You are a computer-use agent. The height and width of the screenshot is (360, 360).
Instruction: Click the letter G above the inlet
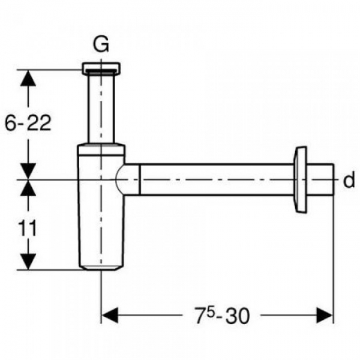click(101, 46)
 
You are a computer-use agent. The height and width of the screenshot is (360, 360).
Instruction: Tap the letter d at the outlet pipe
click(349, 180)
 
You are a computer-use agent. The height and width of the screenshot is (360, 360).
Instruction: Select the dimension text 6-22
click(28, 123)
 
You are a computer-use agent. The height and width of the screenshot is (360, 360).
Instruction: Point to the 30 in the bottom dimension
click(237, 316)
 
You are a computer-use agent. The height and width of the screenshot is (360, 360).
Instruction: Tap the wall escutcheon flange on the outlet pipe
click(301, 180)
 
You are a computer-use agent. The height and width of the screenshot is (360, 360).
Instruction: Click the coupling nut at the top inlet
click(101, 68)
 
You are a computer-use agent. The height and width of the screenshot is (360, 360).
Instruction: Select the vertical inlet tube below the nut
click(101, 108)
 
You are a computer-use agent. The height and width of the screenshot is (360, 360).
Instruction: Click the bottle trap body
click(101, 206)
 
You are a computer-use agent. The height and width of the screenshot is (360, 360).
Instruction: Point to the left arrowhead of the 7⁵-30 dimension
click(110, 315)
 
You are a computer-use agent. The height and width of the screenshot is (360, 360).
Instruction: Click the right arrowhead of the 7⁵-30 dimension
click(325, 315)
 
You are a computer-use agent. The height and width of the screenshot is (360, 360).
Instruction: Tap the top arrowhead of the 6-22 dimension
click(28, 78)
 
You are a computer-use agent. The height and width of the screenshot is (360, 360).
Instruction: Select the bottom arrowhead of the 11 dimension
click(28, 261)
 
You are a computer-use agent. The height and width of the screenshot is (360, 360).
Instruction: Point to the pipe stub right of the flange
click(320, 180)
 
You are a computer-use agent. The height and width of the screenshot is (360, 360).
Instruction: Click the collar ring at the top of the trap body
click(101, 149)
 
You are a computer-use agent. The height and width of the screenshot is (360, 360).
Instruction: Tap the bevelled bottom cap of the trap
click(101, 268)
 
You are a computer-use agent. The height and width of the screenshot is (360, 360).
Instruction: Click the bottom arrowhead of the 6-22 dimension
click(28, 171)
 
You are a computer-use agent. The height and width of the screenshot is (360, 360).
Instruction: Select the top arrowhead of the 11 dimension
click(28, 188)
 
